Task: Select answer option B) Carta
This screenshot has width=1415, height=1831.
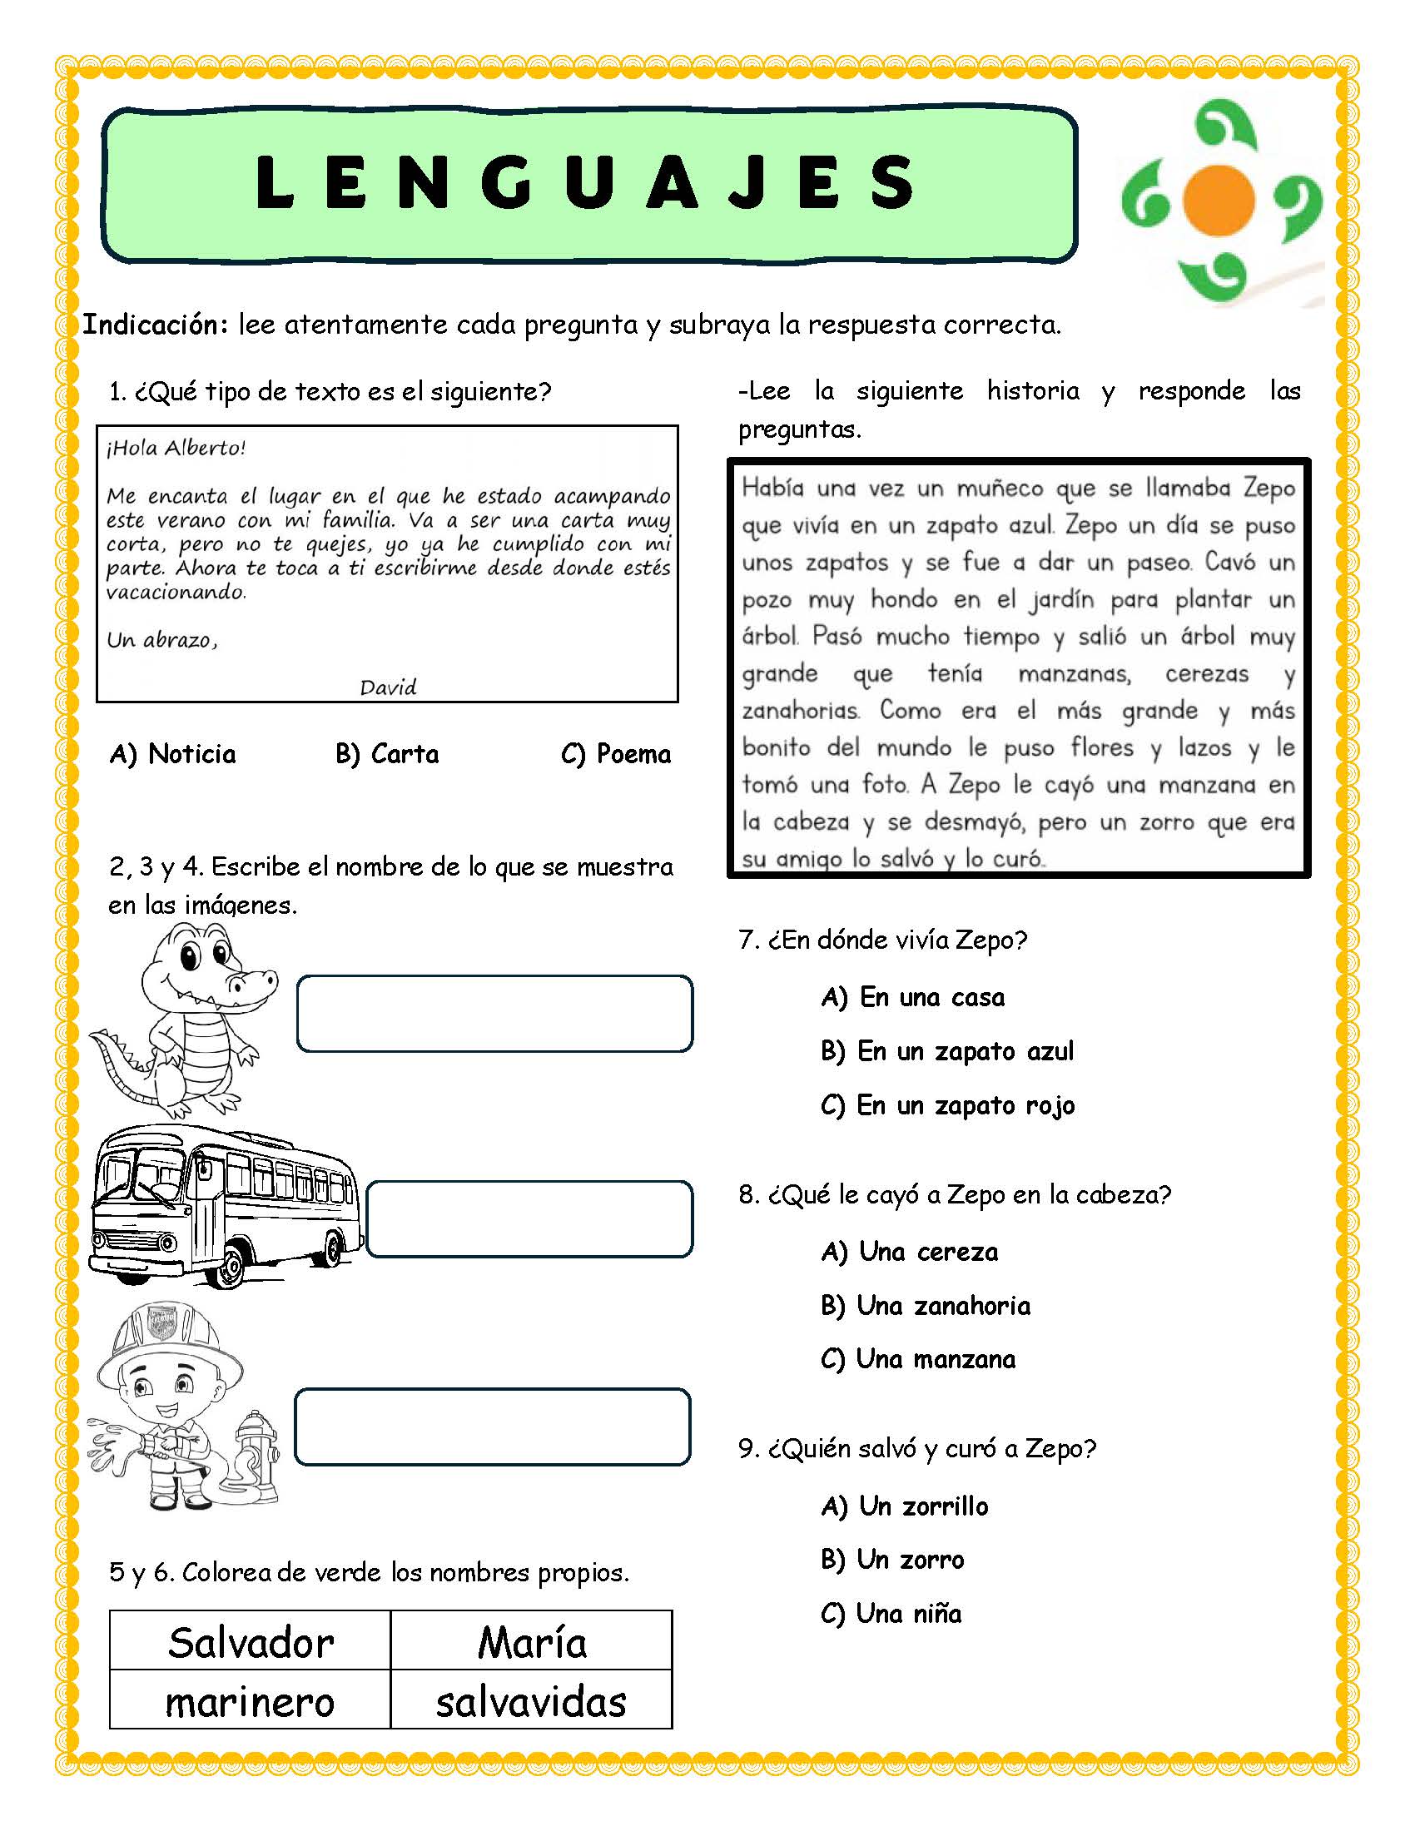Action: click(x=386, y=755)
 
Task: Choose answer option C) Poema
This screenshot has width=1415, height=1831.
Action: click(x=616, y=755)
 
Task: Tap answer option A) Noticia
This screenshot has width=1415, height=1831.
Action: click(x=172, y=755)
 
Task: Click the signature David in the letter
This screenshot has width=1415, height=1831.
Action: click(x=388, y=687)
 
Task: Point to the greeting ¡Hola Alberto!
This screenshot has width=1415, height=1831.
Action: click(x=176, y=448)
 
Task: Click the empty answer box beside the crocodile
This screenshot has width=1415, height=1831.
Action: click(x=494, y=1013)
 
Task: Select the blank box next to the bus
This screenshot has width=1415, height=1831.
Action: click(x=529, y=1219)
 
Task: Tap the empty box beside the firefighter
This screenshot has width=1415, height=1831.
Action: click(x=493, y=1427)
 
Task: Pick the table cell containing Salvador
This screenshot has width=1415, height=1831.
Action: click(x=251, y=1641)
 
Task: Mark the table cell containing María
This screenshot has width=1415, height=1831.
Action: click(x=532, y=1641)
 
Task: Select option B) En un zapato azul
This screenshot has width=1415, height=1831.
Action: click(x=947, y=1051)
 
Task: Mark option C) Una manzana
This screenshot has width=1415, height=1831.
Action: click(x=918, y=1359)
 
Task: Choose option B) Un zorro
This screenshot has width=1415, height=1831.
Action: click(x=893, y=1561)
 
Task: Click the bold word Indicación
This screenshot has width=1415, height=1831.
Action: click(x=155, y=325)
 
